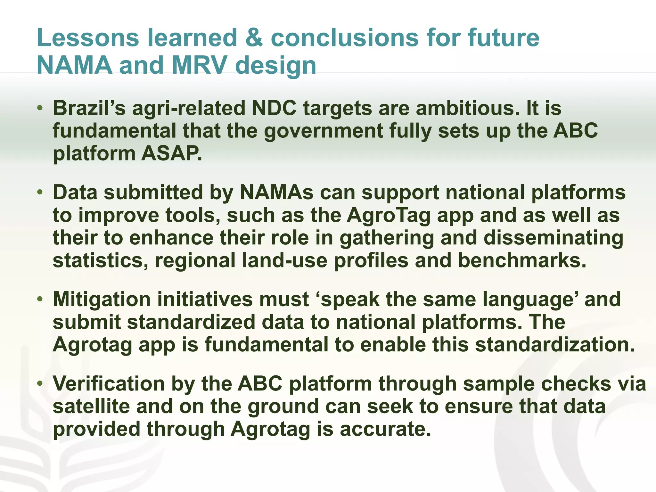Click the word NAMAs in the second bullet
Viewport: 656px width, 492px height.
click(x=276, y=192)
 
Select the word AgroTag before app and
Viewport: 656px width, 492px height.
click(x=389, y=215)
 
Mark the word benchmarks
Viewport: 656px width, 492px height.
click(x=522, y=260)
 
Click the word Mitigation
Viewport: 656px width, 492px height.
click(x=102, y=299)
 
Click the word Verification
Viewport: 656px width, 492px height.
click(x=109, y=383)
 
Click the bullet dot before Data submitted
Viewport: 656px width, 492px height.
click(x=40, y=192)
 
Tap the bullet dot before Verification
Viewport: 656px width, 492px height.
click(x=40, y=383)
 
